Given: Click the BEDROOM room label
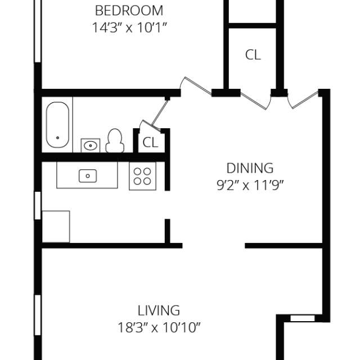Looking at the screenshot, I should click(x=129, y=11).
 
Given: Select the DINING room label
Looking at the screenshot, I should click(x=250, y=168).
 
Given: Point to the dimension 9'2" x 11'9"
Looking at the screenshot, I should click(x=250, y=186).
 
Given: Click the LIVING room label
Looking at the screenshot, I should click(x=159, y=310).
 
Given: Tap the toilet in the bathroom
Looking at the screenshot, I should click(x=115, y=141).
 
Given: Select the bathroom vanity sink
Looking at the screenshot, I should click(x=90, y=145).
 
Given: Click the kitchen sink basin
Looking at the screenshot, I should click(x=87, y=175).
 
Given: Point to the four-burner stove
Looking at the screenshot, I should click(x=142, y=175).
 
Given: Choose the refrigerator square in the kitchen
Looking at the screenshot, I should click(x=56, y=226).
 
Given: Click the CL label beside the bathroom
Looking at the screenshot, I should click(x=150, y=142).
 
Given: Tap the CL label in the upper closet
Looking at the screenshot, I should click(x=253, y=55).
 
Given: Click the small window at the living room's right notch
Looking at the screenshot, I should click(x=302, y=318).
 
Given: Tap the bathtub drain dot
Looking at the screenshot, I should click(x=57, y=137).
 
